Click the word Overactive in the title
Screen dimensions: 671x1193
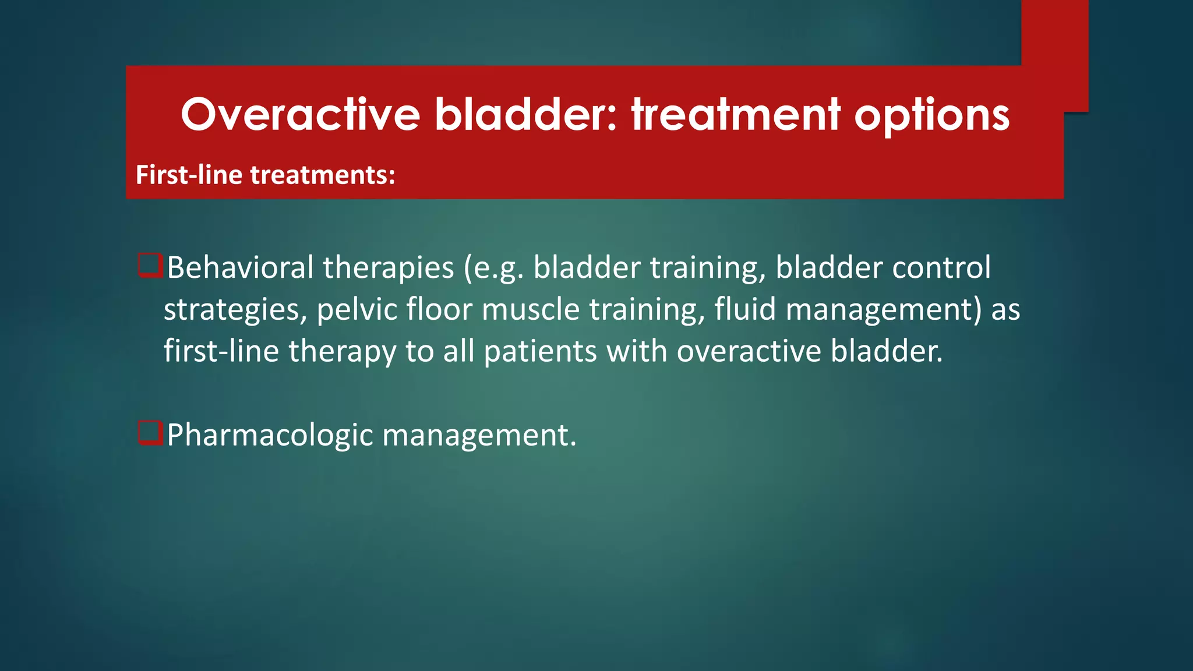click(300, 115)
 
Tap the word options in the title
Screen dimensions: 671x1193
click(931, 115)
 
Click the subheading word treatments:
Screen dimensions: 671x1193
click(323, 175)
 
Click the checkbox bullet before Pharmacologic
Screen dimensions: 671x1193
click(150, 433)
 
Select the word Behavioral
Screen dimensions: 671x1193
click(240, 267)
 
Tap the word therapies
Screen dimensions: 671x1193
click(388, 267)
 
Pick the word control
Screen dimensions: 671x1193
click(941, 267)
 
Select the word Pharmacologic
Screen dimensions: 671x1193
click(269, 436)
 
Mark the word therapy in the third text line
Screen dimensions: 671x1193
click(342, 352)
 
